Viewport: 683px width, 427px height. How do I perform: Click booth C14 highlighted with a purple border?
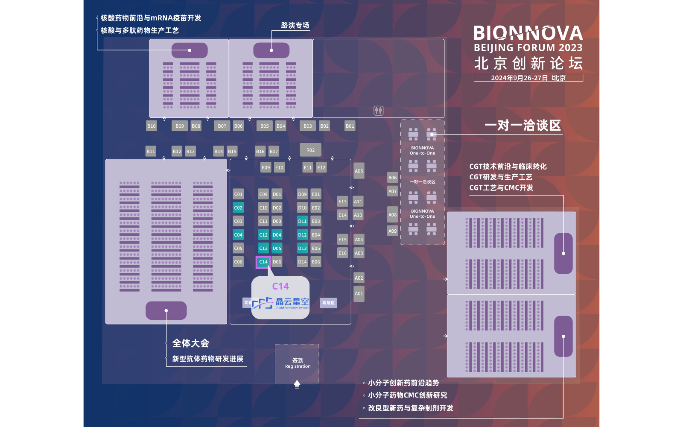click(x=263, y=262)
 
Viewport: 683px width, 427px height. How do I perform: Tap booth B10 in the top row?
click(x=152, y=126)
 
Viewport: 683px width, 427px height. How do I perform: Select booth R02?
click(x=310, y=150)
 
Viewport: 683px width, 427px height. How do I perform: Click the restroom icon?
click(x=379, y=111)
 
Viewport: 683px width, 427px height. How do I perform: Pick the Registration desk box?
click(x=298, y=363)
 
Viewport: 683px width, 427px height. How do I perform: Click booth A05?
click(x=359, y=171)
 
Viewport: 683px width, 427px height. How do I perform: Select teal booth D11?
click(x=302, y=221)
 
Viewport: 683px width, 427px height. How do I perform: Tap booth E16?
click(x=342, y=253)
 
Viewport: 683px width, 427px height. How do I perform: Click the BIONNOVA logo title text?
click(x=528, y=33)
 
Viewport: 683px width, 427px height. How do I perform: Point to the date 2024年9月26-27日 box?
click(x=528, y=78)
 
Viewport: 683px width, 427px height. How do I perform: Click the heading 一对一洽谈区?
click(x=522, y=125)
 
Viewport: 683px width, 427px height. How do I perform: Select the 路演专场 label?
click(x=295, y=26)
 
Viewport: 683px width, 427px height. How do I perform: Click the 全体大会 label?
click(x=190, y=343)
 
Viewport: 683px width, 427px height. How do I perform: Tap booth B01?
click(x=350, y=126)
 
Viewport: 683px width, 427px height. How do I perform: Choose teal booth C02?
click(x=238, y=208)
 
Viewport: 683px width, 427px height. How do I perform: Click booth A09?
click(x=392, y=231)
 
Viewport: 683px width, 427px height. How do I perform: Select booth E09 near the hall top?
click(x=266, y=167)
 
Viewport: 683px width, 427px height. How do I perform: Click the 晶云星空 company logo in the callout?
click(x=280, y=303)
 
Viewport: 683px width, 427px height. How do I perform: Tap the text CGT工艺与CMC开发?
click(x=501, y=188)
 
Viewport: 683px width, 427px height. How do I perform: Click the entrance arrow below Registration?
click(x=297, y=384)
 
